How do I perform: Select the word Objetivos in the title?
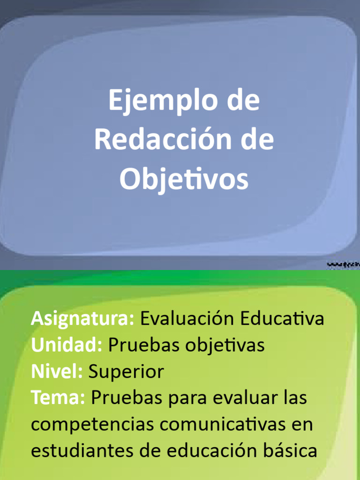(x=184, y=180)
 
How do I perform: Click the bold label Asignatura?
(x=82, y=319)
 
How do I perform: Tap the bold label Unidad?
(x=67, y=345)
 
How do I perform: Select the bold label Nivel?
(x=57, y=372)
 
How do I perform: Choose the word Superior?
(x=126, y=372)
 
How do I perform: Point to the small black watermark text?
(x=343, y=265)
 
